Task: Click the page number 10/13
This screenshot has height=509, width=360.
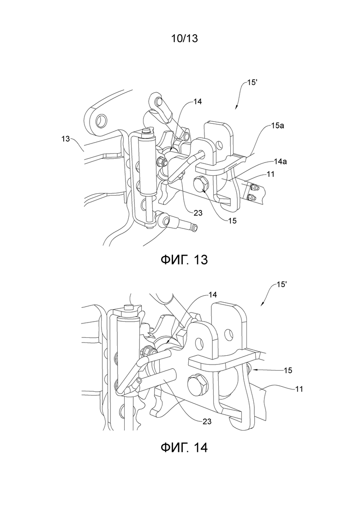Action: (184, 39)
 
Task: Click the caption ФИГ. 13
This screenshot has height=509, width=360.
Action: (184, 259)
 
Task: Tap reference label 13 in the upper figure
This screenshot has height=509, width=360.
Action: (66, 139)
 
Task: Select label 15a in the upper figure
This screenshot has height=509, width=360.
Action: (277, 126)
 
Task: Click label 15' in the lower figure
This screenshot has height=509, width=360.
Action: (281, 284)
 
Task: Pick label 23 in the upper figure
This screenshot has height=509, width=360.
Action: (198, 213)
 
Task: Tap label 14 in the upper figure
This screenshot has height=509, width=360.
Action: (198, 102)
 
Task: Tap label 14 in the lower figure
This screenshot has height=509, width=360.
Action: (212, 294)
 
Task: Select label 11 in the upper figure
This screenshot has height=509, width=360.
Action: (270, 174)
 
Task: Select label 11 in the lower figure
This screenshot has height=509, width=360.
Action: (299, 389)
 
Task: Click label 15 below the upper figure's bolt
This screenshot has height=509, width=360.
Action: (233, 221)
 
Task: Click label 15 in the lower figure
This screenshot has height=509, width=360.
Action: (288, 370)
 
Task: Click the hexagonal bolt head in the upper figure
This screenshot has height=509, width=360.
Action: (200, 184)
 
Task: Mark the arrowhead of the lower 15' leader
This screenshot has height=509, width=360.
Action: (262, 304)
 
